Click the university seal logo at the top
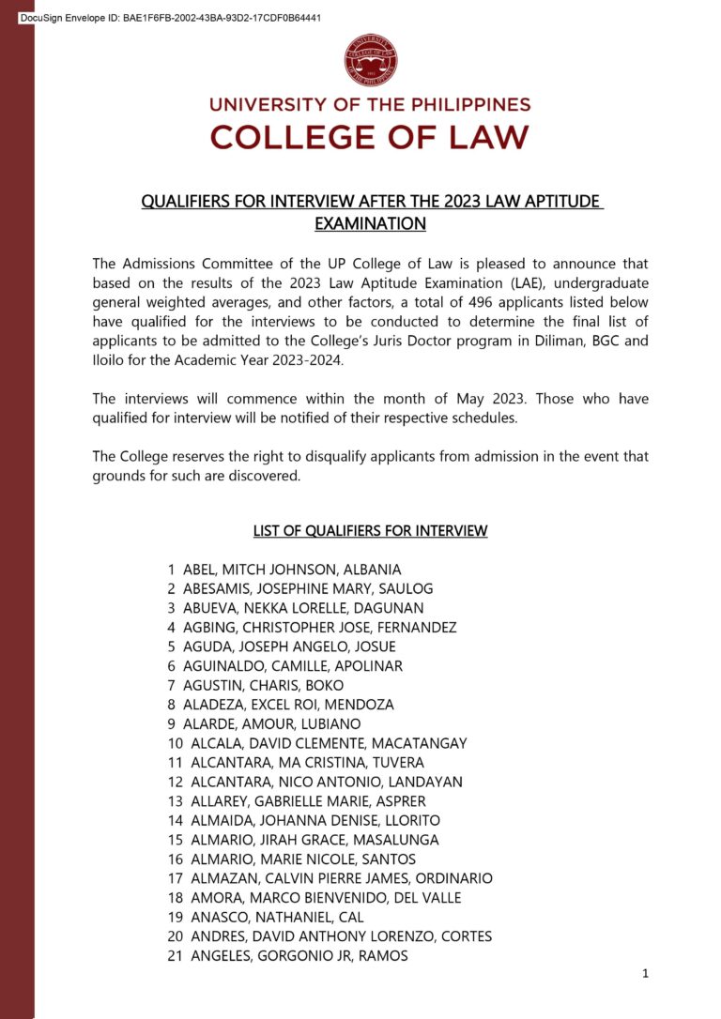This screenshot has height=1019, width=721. pyautogui.click(x=371, y=60)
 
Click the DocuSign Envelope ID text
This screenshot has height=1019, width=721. pyautogui.click(x=170, y=18)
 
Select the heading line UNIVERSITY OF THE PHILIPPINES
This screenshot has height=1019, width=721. pyautogui.click(x=370, y=105)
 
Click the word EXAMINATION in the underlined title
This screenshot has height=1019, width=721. pyautogui.click(x=370, y=224)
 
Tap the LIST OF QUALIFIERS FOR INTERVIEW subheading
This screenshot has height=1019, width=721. pyautogui.click(x=370, y=531)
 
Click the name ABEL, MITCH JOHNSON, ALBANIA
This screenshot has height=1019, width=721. pyautogui.click(x=291, y=570)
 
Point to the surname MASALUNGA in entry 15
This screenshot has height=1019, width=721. pyautogui.click(x=397, y=840)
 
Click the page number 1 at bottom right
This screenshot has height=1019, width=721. pyautogui.click(x=645, y=974)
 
